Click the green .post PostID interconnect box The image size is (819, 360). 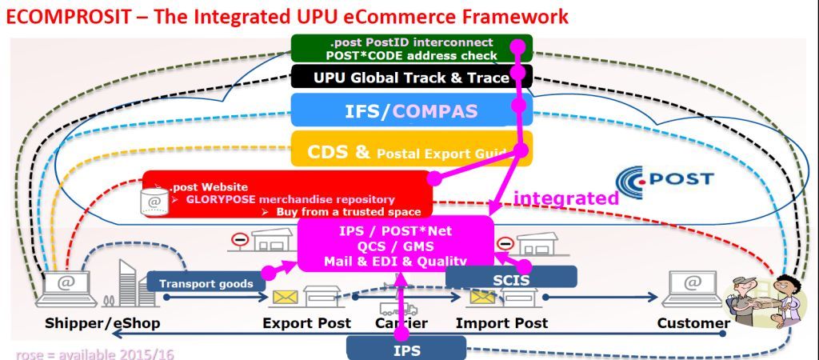[x=400, y=49]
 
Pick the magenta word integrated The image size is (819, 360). [x=565, y=198]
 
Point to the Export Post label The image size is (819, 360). [x=307, y=323]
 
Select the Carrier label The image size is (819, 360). [x=402, y=324]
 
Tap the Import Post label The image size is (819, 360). [x=502, y=323]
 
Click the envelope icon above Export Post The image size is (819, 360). [x=287, y=298]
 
